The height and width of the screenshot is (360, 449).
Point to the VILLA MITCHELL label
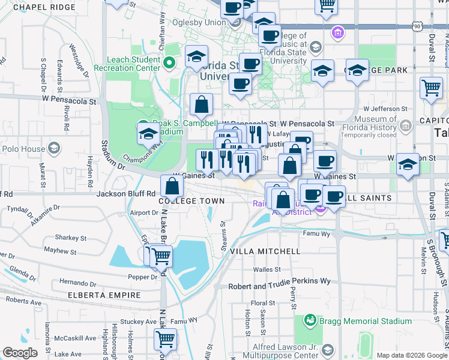tap(265, 251)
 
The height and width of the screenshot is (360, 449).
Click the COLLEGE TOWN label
tap(191, 202)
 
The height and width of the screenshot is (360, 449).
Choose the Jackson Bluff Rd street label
tap(127, 194)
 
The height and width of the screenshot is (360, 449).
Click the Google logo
tap(20, 353)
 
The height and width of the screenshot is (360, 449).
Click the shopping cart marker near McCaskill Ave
tap(164, 339)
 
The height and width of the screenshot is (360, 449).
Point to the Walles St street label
tap(268, 270)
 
